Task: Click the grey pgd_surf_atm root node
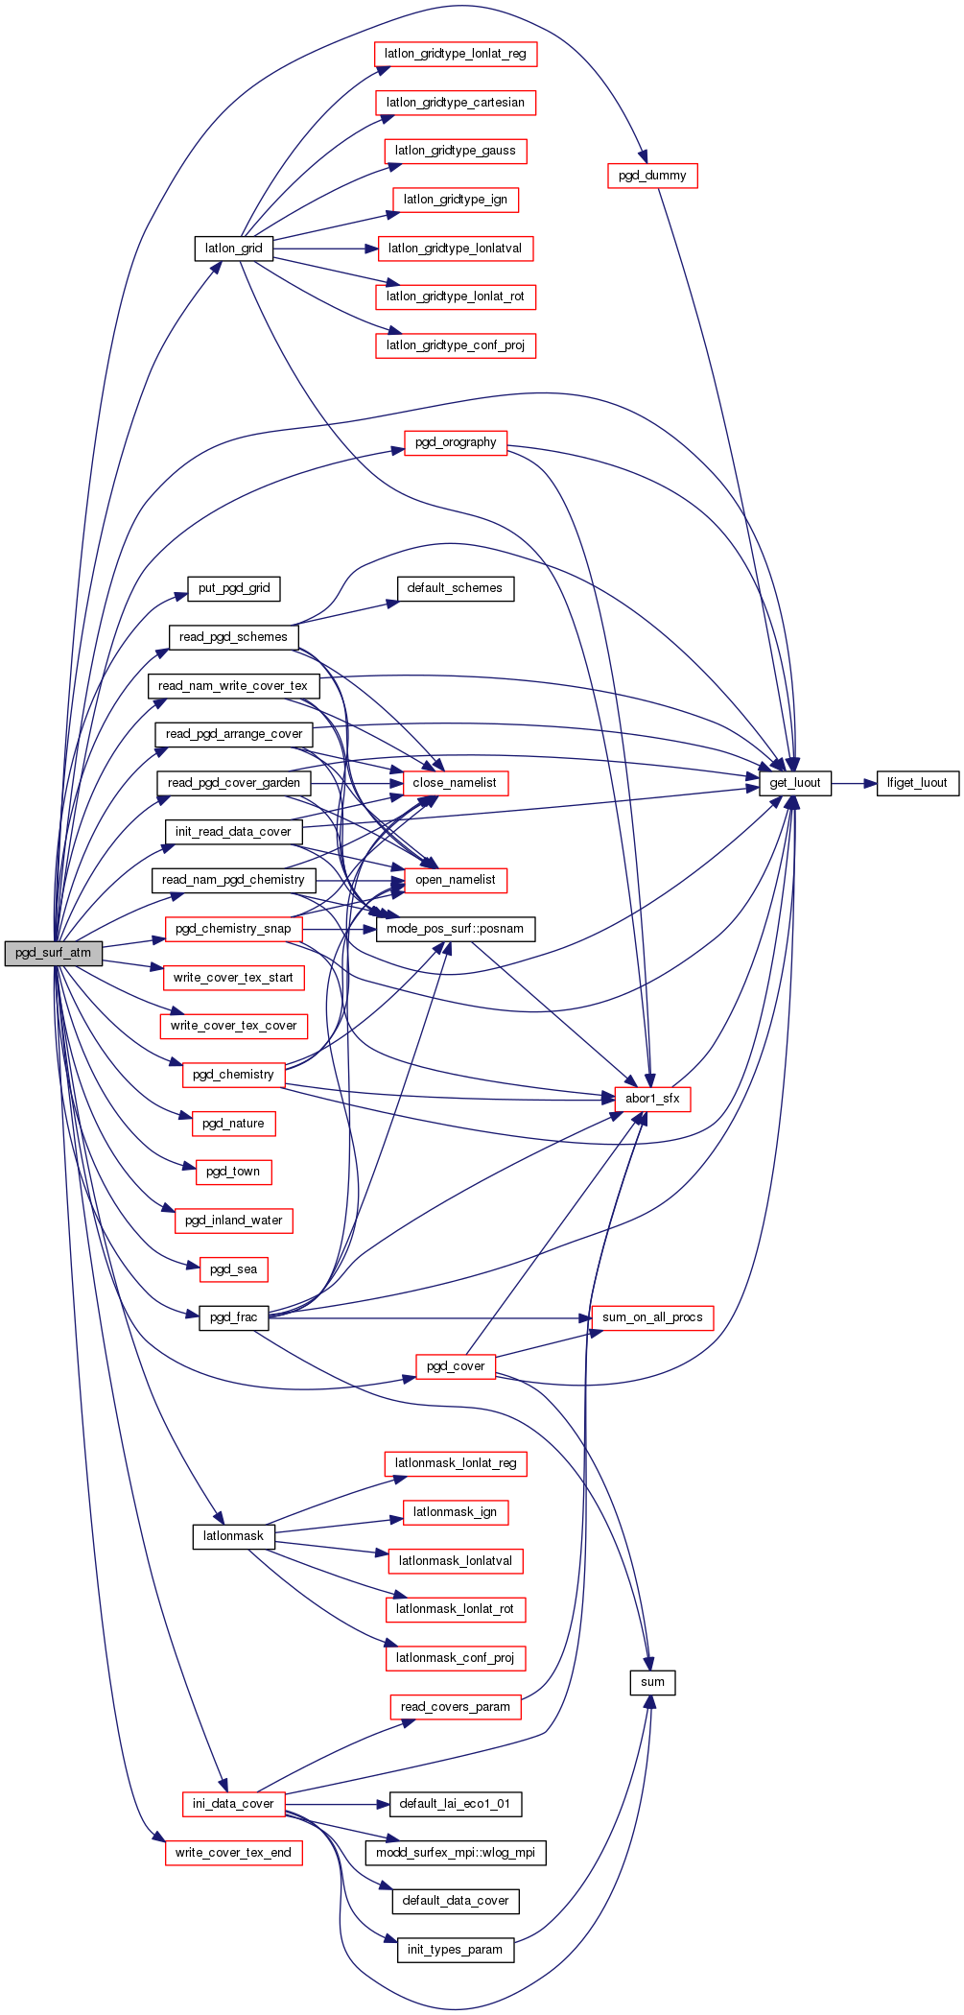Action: pos(53,953)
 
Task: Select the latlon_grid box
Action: pos(233,249)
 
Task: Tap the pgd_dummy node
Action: pos(652,176)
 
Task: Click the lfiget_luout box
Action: pos(917,783)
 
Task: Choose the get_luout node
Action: pos(795,783)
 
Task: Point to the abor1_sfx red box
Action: pos(652,1099)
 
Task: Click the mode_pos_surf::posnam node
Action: pos(456,929)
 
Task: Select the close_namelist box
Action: pos(455,783)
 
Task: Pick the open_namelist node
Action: pos(456,880)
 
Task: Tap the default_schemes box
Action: pos(455,588)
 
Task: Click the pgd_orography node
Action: pos(456,442)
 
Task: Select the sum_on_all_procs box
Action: pos(652,1317)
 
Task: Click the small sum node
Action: pos(652,1682)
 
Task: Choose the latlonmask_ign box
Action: pos(455,1512)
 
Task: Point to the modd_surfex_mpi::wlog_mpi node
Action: pos(456,1852)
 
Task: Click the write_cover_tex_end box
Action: pos(233,1853)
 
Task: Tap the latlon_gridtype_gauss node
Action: pos(456,151)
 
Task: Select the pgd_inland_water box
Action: pos(233,1221)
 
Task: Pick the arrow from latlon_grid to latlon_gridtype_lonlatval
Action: pos(326,249)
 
